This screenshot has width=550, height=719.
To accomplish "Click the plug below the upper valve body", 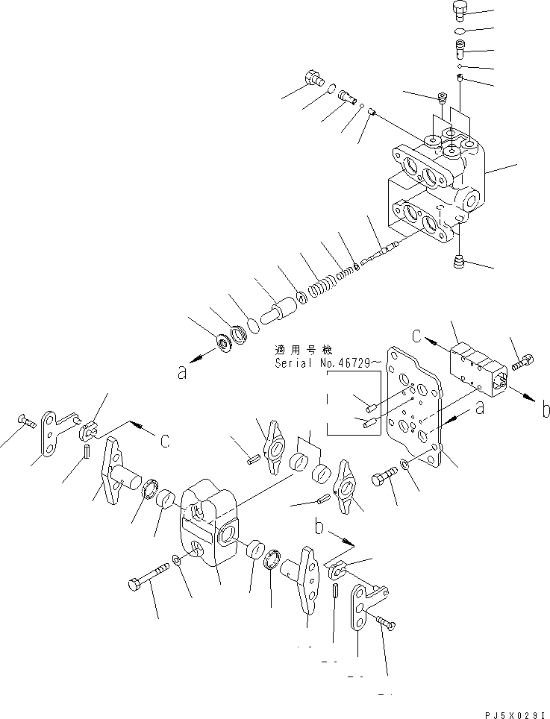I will (x=459, y=262).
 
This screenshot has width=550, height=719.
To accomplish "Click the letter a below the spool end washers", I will (x=181, y=373).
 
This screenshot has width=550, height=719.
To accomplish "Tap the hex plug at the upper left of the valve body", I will (x=312, y=77).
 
